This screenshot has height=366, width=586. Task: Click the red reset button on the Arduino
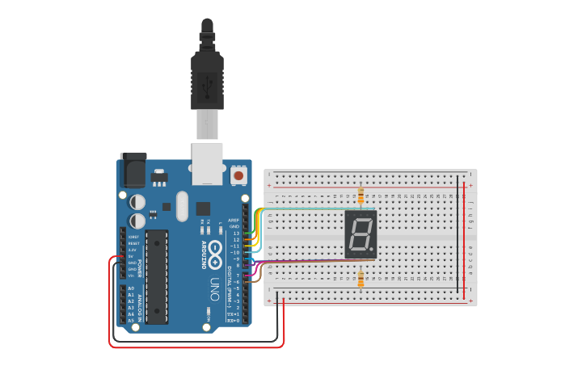238,175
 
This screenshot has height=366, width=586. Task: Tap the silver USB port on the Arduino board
207,158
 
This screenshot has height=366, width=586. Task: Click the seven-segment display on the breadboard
360,234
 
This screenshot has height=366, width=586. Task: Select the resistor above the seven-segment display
360,196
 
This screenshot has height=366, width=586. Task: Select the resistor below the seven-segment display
360,280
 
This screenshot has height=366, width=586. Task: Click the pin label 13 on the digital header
236,233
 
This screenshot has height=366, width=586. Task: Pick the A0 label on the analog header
131,288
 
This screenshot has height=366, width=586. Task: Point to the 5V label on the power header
132,256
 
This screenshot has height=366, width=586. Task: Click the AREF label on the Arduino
234,220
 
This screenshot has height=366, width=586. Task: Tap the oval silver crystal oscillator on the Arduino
181,206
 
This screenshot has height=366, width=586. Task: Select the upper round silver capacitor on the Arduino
138,201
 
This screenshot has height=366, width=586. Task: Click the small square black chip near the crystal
203,208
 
